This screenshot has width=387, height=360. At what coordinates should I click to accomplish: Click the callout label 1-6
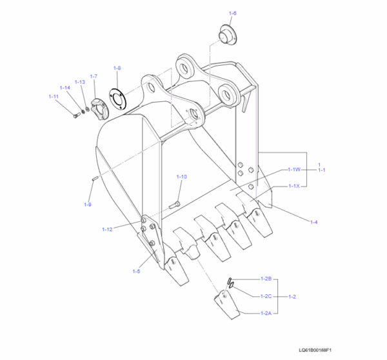click(x=233, y=13)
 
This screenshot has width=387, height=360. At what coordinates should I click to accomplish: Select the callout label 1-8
click(x=117, y=68)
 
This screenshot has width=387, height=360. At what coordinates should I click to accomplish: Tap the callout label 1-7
click(x=94, y=76)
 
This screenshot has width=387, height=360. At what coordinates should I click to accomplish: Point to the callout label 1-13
click(x=79, y=82)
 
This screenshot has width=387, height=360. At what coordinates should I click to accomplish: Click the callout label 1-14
click(x=65, y=88)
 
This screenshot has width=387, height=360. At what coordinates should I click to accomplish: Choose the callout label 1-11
click(x=54, y=96)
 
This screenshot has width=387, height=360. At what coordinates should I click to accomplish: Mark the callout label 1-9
click(x=87, y=205)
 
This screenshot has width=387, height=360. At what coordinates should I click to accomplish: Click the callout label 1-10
click(x=181, y=176)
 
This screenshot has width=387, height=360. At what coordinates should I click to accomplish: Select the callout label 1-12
click(x=108, y=229)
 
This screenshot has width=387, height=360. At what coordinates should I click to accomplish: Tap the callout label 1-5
click(x=136, y=271)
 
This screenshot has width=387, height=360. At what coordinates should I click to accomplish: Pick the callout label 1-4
click(x=313, y=222)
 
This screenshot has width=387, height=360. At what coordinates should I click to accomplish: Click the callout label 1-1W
click(x=293, y=169)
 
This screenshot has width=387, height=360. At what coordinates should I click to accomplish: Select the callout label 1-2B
click(x=266, y=278)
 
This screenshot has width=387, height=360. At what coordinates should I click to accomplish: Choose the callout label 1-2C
click(x=266, y=296)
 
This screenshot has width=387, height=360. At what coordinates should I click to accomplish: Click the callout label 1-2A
click(x=266, y=313)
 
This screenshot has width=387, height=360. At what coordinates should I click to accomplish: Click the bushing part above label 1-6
click(x=228, y=35)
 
